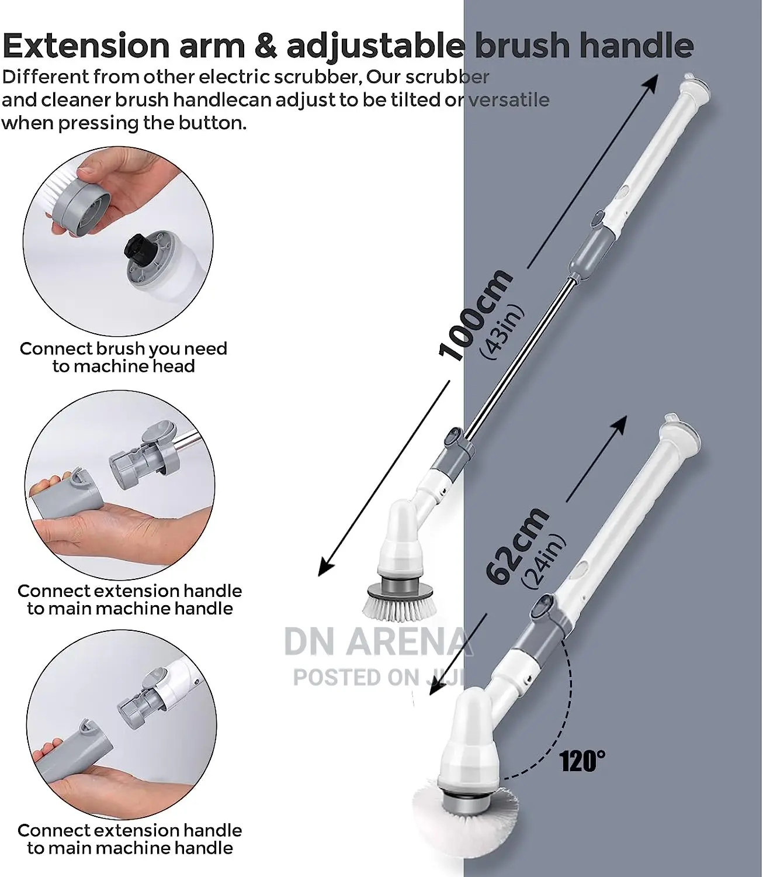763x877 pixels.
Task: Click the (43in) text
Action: [x=502, y=332]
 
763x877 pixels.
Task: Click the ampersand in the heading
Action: [x=265, y=46]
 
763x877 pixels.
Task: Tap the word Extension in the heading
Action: [x=86, y=46]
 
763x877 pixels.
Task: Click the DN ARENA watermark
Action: [x=377, y=642]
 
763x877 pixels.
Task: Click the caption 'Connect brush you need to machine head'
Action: [x=123, y=357]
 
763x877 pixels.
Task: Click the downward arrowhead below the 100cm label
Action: [x=327, y=566]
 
